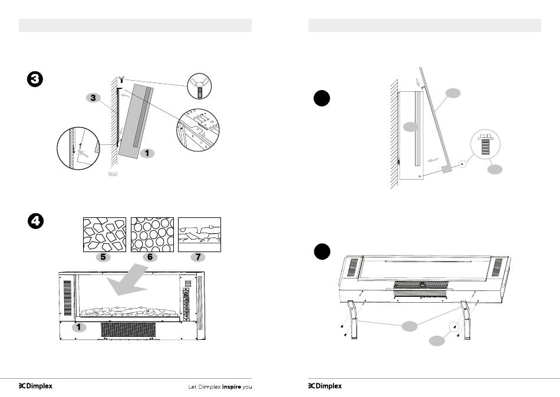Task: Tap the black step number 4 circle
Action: pos(36,222)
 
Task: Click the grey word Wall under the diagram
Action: pos(113,175)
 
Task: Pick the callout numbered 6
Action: pos(150,257)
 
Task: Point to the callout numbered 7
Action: pos(199,257)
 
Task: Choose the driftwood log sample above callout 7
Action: pos(199,234)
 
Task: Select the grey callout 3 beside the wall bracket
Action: pos(93,98)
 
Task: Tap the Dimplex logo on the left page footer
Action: pos(35,387)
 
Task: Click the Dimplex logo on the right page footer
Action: pos(325,387)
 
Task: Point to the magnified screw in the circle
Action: pos(486,145)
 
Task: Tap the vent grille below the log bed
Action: pos(127,330)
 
